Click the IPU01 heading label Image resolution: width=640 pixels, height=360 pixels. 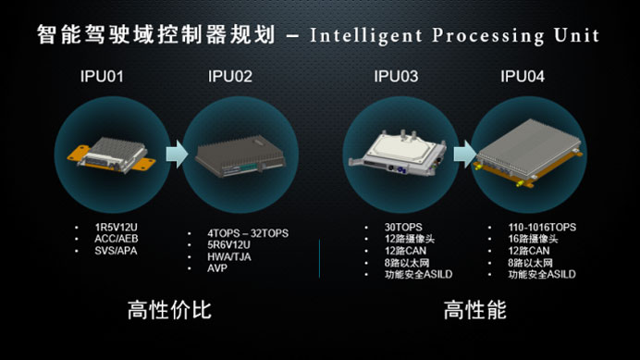pos(102,77)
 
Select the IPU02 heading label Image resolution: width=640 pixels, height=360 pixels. pos(230,77)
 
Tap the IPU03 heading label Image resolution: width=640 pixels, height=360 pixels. pos(396,77)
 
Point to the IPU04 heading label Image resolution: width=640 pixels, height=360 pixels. pos(523,77)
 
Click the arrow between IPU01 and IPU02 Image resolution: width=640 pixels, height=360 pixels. pos(178,154)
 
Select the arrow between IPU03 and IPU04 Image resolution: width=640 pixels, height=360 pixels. pos(465,154)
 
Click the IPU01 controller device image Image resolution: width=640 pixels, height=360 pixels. pos(111,155)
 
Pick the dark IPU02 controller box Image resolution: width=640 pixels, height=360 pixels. pos(240,156)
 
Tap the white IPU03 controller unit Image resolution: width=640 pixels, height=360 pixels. pos(398,154)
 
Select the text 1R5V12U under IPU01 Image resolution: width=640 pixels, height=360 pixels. pos(116,227)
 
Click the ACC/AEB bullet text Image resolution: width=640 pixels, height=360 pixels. pos(117,239)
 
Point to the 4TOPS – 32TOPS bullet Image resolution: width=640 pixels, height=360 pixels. pos(248,233)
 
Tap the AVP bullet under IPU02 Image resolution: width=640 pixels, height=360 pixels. pos(217,268)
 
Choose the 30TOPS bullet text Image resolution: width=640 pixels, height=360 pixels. pos(403,227)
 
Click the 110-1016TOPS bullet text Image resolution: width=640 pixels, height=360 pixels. pos(542,227)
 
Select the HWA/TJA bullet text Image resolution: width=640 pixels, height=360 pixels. pos(229,257)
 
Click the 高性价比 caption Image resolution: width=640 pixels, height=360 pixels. pos(169,310)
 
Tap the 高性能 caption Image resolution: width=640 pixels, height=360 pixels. pos(475,310)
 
